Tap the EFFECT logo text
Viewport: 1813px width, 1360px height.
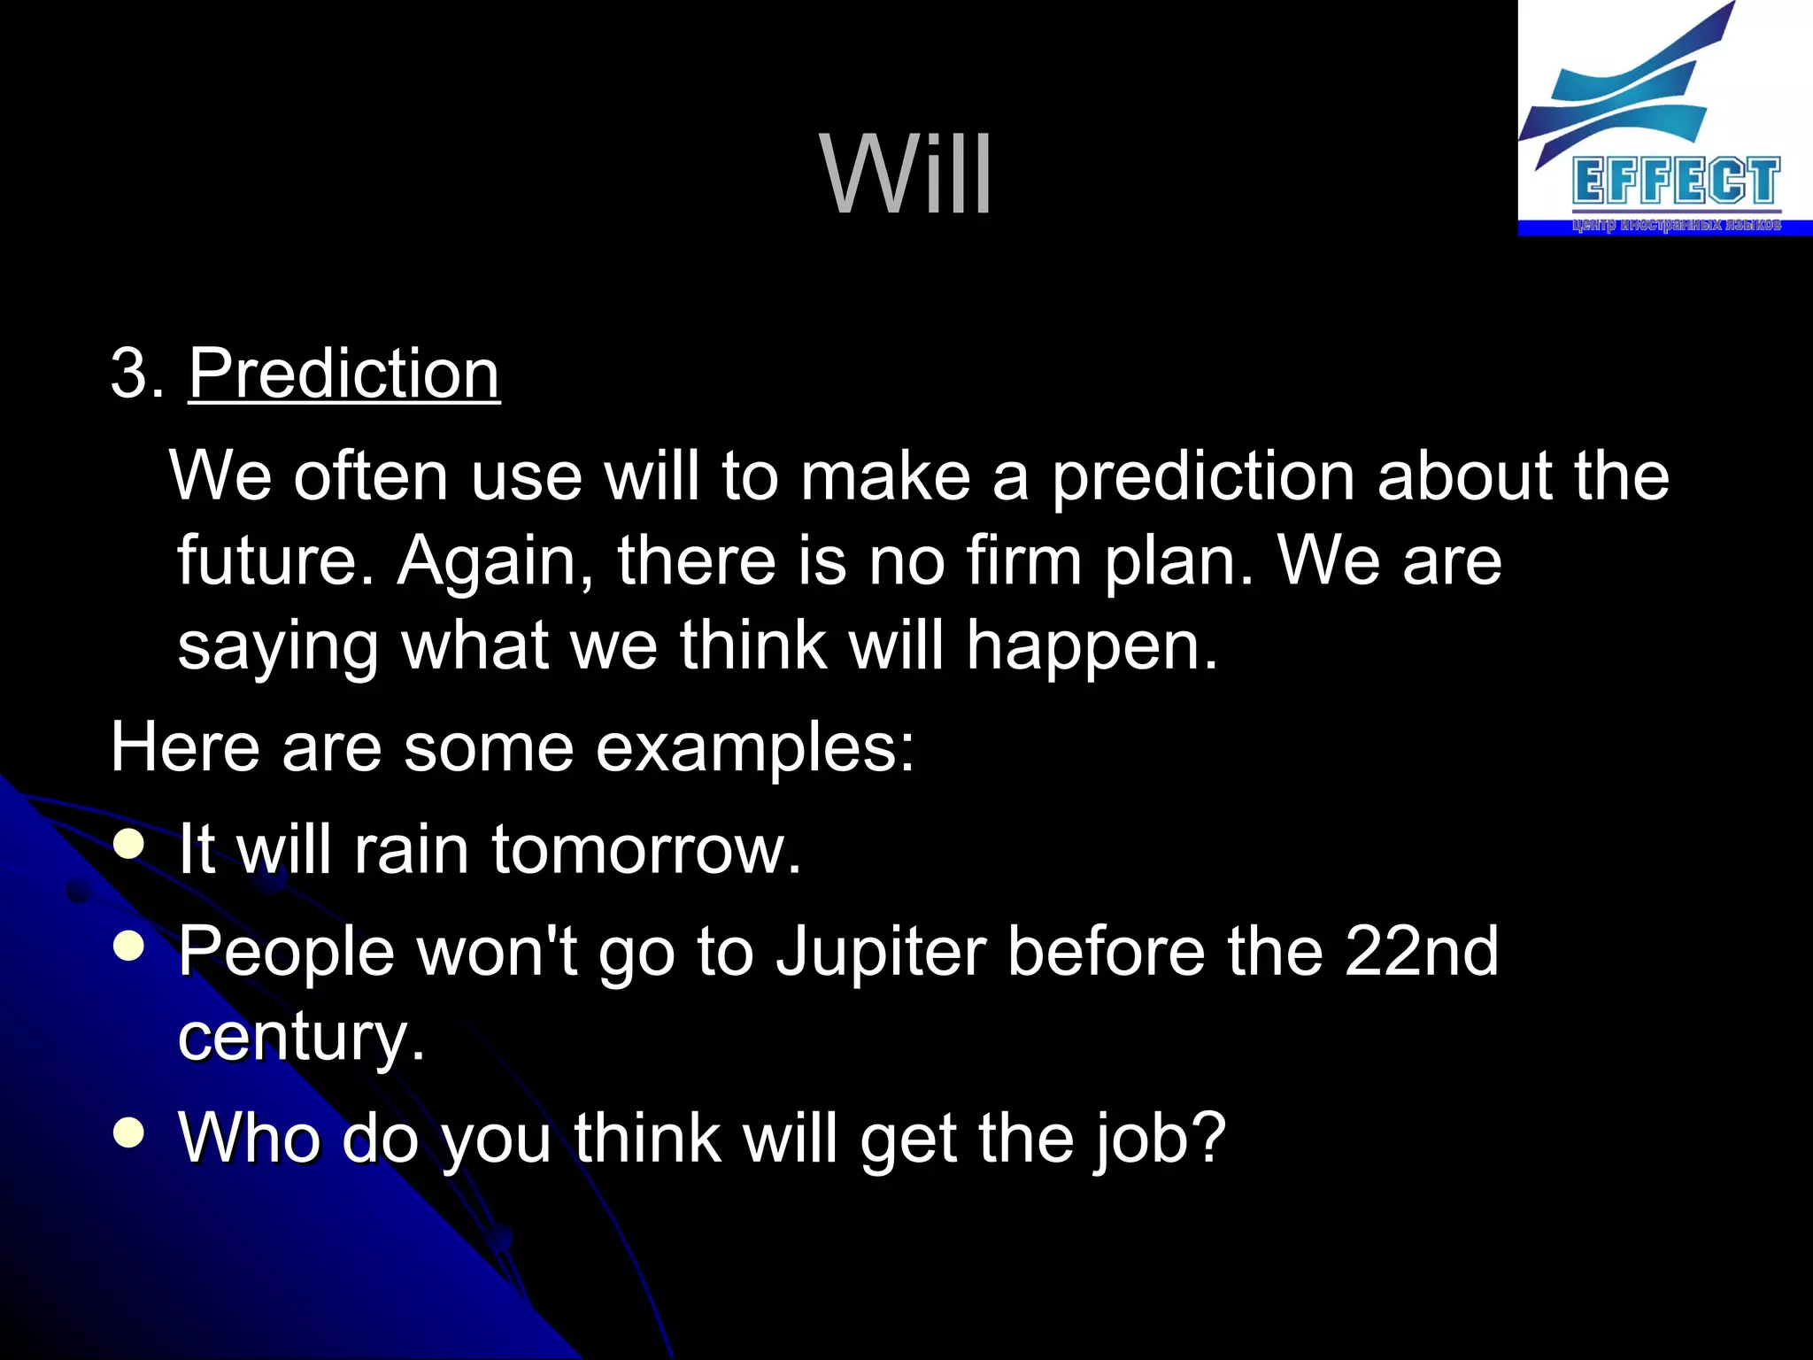[x=1676, y=182]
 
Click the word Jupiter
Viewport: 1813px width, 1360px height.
[x=881, y=952]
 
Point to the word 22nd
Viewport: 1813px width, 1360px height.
[x=1421, y=952]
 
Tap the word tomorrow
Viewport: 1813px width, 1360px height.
[x=646, y=850]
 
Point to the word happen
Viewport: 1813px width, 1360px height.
[x=1091, y=646]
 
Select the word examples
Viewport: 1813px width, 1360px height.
[x=754, y=748]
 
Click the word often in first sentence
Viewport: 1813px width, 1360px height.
[x=370, y=476]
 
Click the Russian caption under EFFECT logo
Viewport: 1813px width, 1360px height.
[x=1676, y=225]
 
